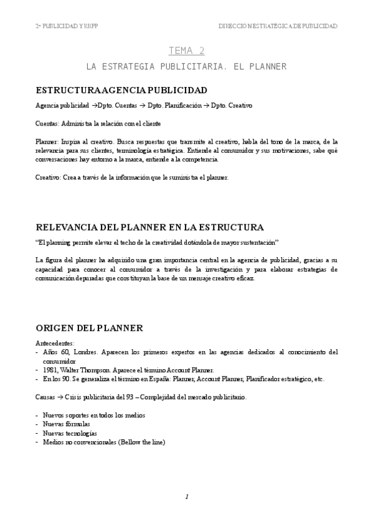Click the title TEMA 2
click(187, 51)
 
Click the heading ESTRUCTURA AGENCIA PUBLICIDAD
click(121, 90)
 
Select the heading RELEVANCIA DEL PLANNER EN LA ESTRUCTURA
click(150, 227)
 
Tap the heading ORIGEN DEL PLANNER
click(90, 328)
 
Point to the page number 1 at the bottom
click(186, 497)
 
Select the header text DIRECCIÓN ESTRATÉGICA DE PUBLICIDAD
click(278, 26)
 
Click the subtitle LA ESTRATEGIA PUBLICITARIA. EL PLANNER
click(186, 66)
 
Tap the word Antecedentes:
click(55, 342)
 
